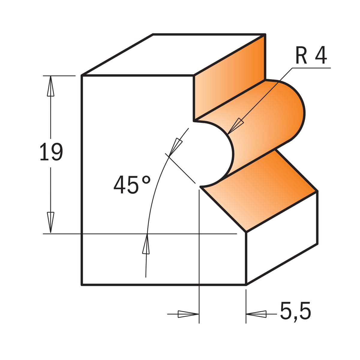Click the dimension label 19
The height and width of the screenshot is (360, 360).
click(51, 152)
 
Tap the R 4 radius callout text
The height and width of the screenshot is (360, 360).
click(311, 55)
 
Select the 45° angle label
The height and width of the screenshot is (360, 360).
click(132, 184)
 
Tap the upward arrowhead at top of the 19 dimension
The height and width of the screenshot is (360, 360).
click(51, 86)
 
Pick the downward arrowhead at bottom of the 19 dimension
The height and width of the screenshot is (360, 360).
click(51, 222)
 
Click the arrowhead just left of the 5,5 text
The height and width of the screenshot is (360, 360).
click(256, 314)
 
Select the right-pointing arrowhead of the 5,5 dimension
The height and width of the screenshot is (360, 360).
click(188, 314)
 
